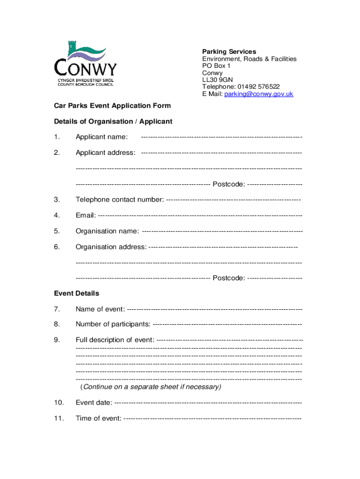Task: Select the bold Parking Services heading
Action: [229, 51]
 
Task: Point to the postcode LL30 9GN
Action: [217, 80]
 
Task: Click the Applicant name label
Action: [101, 137]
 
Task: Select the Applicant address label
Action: [106, 153]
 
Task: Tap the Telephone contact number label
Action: [120, 200]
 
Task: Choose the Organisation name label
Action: [107, 231]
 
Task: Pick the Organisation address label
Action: [111, 247]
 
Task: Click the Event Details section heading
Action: [77, 294]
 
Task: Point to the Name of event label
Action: [100, 309]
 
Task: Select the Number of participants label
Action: [113, 325]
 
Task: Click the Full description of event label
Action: [115, 340]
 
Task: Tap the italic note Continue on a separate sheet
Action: [151, 387]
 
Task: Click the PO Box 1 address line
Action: [216, 66]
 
